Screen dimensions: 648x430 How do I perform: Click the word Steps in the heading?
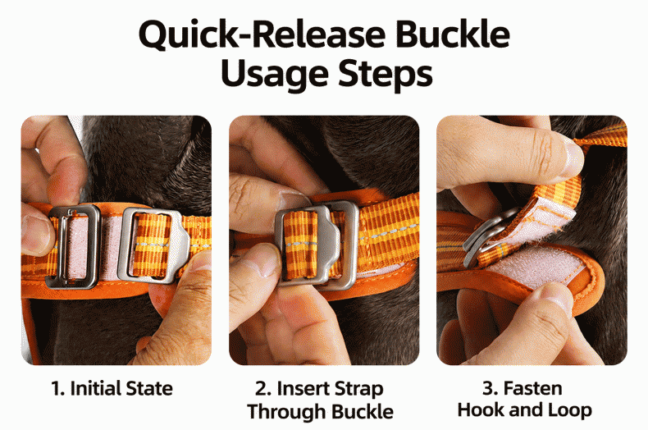(x=386, y=74)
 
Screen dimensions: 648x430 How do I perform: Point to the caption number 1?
(x=57, y=389)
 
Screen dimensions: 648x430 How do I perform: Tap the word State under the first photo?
(x=149, y=389)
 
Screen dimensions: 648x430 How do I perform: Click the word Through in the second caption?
(x=286, y=411)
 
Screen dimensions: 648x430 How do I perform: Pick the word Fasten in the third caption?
(x=532, y=389)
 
